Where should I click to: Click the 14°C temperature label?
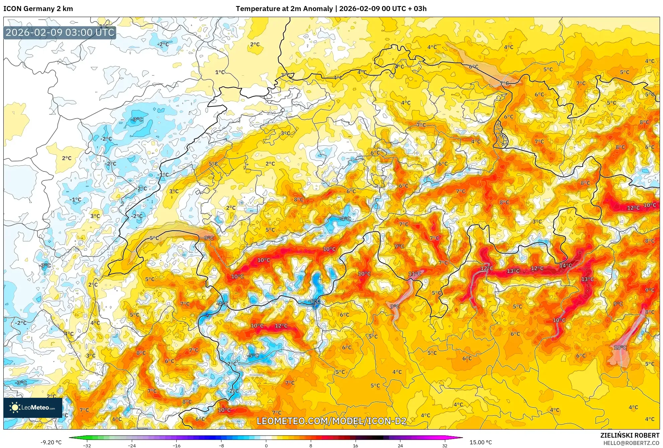[565, 266]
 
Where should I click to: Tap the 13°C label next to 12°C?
[513, 271]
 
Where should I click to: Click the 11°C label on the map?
[414, 274]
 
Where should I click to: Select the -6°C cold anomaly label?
[314, 301]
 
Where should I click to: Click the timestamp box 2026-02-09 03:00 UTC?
[60, 32]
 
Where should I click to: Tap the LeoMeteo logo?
[33, 407]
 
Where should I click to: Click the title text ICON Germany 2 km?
[38, 9]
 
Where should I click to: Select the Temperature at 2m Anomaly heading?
[284, 9]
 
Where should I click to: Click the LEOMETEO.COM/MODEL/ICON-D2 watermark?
[331, 421]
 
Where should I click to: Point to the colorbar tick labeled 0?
[266, 445]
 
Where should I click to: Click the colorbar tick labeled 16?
[355, 445]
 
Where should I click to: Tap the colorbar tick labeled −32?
[87, 445]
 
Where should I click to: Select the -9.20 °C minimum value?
[51, 442]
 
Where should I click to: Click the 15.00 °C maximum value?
[480, 442]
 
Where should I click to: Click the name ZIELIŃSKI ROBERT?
[630, 435]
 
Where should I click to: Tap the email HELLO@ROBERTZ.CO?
[631, 443]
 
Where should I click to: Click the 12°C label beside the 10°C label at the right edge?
[633, 208]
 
